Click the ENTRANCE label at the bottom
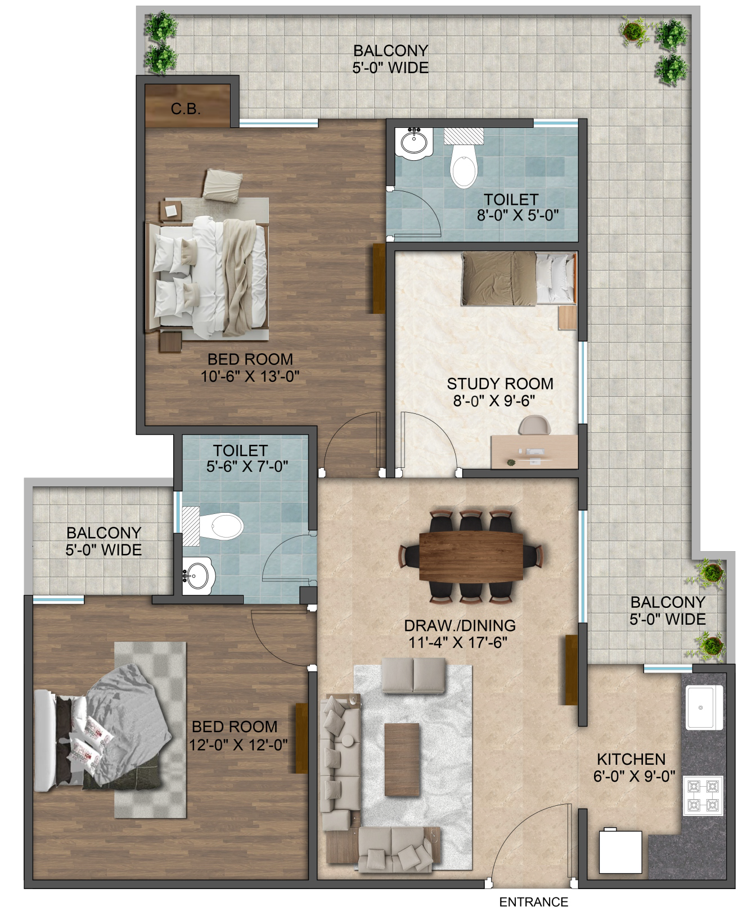(x=534, y=902)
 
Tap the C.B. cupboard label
(x=186, y=109)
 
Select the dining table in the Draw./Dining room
(x=471, y=557)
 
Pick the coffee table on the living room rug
(x=402, y=759)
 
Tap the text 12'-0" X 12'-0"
(x=238, y=745)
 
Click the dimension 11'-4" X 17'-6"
(x=459, y=642)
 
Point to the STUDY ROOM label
(x=500, y=384)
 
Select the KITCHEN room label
(x=631, y=759)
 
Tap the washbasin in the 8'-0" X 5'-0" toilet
(x=415, y=141)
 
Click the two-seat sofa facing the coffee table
(x=414, y=676)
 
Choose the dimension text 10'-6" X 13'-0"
(x=250, y=376)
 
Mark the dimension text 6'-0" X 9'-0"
(x=634, y=777)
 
